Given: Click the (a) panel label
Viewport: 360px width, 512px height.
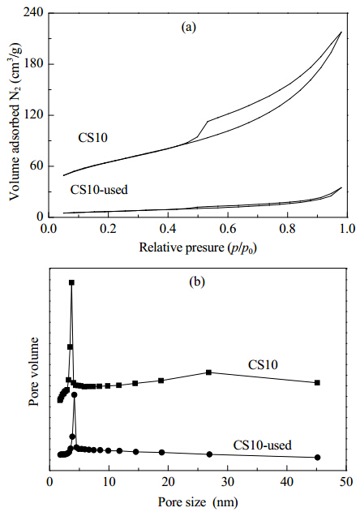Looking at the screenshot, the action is point(189,27).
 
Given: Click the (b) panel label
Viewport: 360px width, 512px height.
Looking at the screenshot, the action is point(197,282).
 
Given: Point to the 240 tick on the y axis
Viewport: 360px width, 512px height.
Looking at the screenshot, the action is point(33,12).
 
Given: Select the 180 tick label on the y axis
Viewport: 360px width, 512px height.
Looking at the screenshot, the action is point(33,63).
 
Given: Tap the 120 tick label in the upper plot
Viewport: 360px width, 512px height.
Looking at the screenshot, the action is point(33,115).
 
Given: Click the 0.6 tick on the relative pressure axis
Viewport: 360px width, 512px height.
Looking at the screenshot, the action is point(228,229).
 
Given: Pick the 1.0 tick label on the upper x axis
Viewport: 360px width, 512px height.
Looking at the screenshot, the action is point(347,229).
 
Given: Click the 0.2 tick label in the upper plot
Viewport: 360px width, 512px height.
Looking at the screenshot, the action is point(108,229).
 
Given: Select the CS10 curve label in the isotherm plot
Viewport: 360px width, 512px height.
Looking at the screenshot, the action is point(92,138).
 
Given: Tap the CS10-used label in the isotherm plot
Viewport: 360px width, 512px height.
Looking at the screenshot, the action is point(99,190).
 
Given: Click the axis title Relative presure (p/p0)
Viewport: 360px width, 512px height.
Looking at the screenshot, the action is point(198,247).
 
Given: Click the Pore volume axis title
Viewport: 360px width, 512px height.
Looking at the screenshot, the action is point(33,372).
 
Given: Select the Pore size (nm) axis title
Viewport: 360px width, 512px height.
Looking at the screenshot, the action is point(198,501).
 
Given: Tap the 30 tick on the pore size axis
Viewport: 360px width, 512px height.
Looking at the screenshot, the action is point(227,482).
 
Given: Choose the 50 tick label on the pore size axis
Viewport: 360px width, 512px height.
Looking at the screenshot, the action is point(346,482).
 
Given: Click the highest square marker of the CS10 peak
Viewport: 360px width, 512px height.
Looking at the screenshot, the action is point(71,282).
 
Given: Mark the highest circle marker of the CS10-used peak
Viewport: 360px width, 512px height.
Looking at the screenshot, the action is point(74,395).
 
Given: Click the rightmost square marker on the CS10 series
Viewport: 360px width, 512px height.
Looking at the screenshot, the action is point(317,383).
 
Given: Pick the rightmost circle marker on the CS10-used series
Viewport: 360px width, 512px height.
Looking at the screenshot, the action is point(318,457).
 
